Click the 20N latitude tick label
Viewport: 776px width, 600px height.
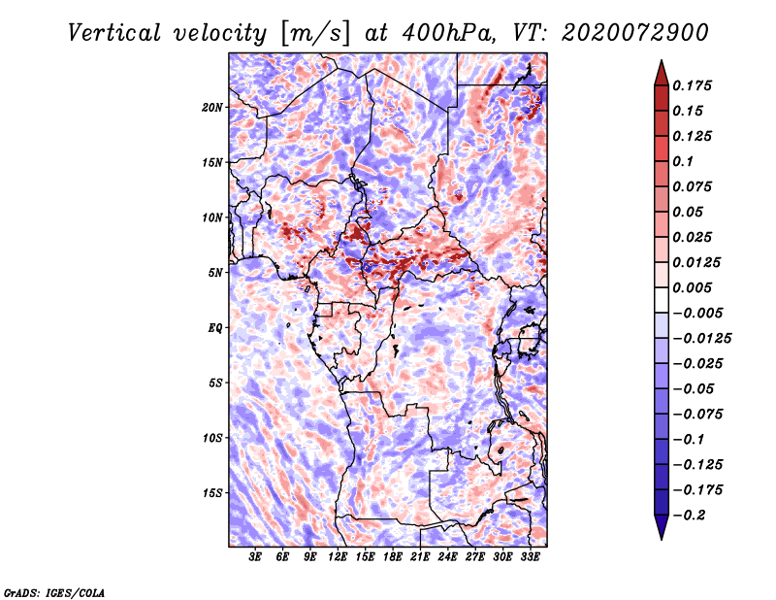point(212,108)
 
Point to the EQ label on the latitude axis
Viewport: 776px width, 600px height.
point(215,328)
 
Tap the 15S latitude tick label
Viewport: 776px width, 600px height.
point(212,493)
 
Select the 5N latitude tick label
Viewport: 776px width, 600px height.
point(215,273)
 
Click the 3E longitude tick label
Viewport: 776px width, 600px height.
point(255,557)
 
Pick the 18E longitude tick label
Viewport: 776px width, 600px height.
point(393,557)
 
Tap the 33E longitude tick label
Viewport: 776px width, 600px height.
point(530,557)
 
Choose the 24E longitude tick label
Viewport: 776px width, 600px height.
point(447,557)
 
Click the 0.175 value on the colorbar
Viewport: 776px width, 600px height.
point(692,85)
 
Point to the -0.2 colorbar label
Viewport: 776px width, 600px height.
point(689,516)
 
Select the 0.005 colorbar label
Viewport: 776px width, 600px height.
point(692,287)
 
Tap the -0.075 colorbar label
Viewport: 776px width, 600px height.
point(697,415)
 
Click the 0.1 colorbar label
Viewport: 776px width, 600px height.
point(683,161)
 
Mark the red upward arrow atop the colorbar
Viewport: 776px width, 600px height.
point(662,74)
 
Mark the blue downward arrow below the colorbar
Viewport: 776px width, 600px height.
point(662,527)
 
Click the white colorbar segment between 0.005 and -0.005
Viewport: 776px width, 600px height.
point(662,300)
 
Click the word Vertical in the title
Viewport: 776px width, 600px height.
point(114,33)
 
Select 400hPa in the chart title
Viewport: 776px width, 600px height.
point(448,33)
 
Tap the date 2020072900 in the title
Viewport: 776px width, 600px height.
point(635,33)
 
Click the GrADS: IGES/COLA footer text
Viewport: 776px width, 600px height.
point(54,593)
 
